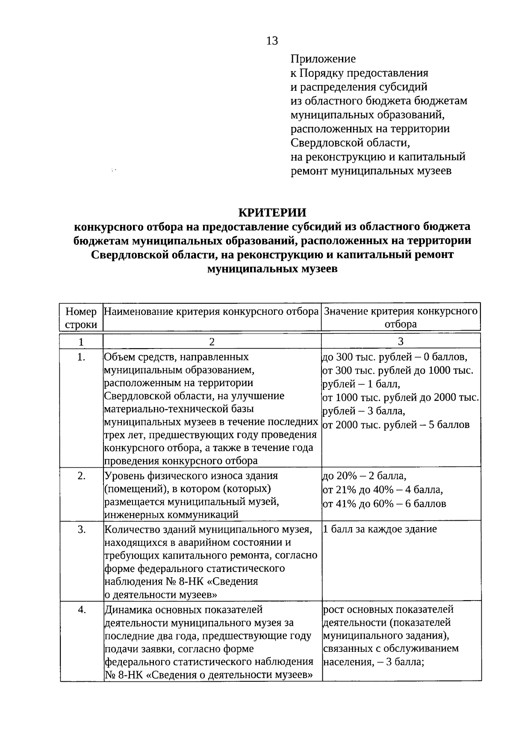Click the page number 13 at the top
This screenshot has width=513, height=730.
click(x=272, y=41)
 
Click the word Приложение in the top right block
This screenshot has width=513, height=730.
click(x=323, y=59)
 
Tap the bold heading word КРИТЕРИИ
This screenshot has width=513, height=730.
click(x=272, y=212)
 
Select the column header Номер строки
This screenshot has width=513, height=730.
click(x=81, y=317)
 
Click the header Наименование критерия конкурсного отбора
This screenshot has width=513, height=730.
click(x=212, y=311)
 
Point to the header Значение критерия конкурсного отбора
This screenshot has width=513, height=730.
click(x=401, y=317)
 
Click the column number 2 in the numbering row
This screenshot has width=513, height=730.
click(x=212, y=341)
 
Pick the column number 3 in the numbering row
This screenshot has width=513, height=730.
click(x=401, y=341)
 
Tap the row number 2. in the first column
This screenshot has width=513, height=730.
click(x=81, y=476)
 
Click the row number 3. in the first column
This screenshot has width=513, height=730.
click(x=81, y=530)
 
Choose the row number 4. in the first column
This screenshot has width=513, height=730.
click(x=81, y=610)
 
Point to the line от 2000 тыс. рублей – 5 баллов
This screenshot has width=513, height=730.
click(x=396, y=425)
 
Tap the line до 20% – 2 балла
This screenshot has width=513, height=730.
click(x=364, y=476)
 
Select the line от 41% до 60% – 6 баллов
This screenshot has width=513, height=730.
click(x=384, y=504)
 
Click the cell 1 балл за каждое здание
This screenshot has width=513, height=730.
click(x=380, y=529)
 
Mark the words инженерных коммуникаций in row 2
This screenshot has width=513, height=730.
click(x=171, y=515)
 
